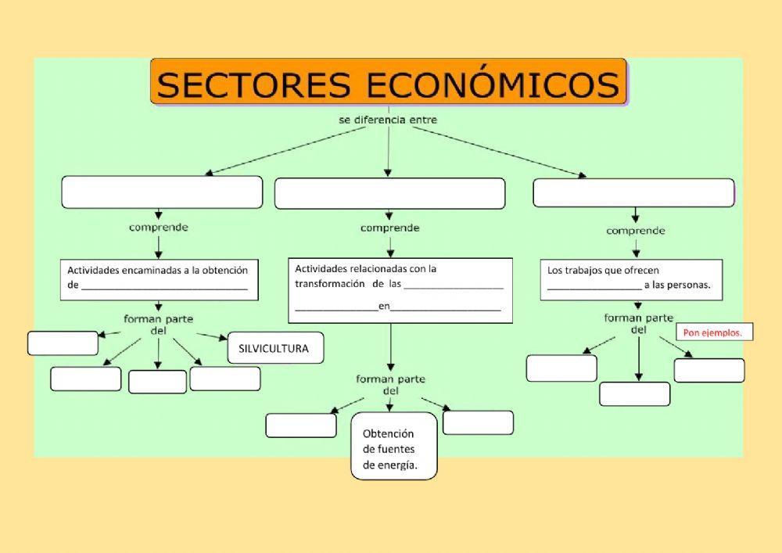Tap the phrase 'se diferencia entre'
(x=387, y=120)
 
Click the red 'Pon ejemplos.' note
(x=712, y=333)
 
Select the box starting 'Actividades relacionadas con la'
(x=400, y=290)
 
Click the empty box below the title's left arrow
(x=162, y=192)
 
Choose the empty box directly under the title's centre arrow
(x=389, y=194)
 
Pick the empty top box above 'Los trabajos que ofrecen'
(x=633, y=193)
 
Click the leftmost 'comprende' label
(x=159, y=228)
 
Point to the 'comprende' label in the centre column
(x=389, y=228)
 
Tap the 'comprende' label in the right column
(x=635, y=231)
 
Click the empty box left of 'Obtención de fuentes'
(x=301, y=426)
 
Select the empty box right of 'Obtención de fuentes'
(x=478, y=422)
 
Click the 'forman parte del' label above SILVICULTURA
(x=159, y=324)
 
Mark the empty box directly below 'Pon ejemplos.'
(x=708, y=371)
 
